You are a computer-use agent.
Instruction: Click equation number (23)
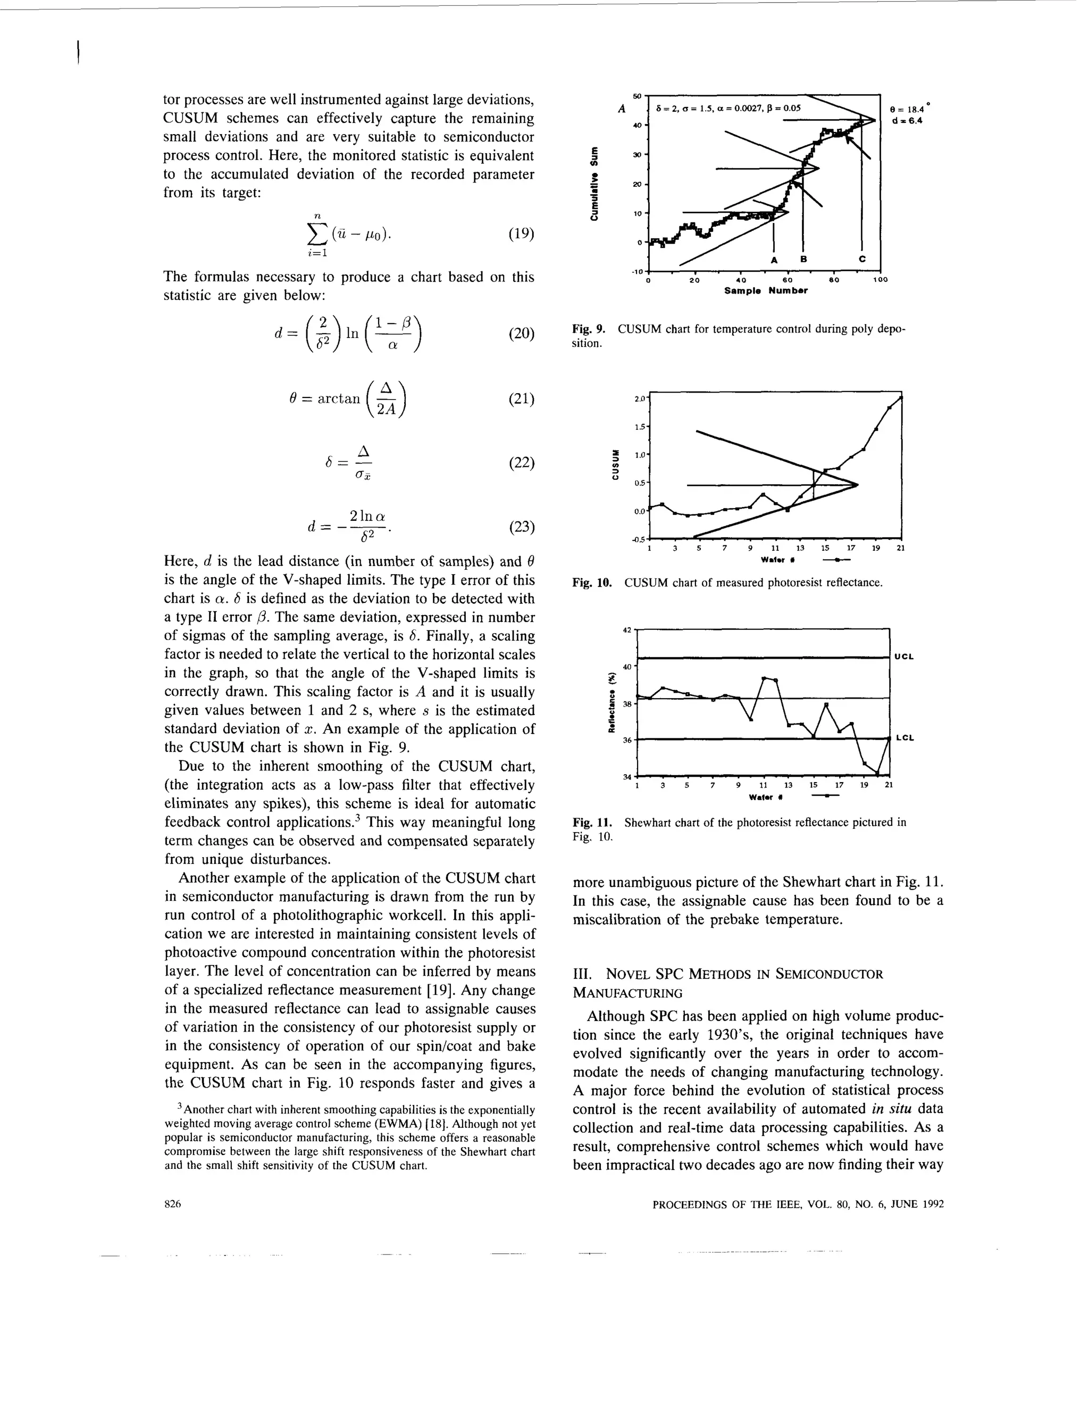point(521,527)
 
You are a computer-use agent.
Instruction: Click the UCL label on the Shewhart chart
point(904,657)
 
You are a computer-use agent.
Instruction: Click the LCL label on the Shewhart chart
point(904,738)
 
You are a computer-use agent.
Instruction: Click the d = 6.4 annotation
point(906,121)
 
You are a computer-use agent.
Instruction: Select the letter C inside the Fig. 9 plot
point(862,259)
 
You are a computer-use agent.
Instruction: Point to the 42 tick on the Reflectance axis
point(627,629)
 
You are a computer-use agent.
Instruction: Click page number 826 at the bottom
point(173,1205)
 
